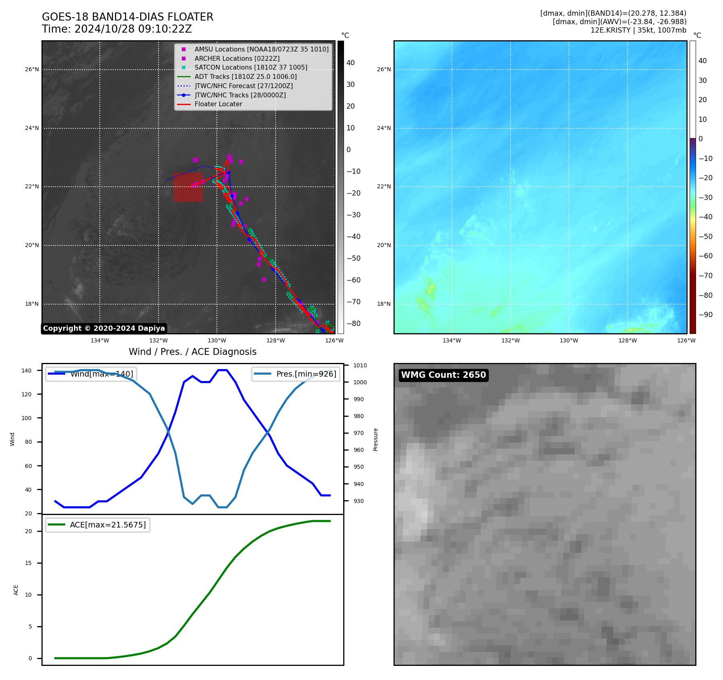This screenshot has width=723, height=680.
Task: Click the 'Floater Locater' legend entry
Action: (x=218, y=104)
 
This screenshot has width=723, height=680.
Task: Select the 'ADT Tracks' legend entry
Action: (x=245, y=77)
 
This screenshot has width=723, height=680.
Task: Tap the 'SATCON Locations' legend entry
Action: (x=251, y=68)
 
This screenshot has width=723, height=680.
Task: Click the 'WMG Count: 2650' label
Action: (x=443, y=375)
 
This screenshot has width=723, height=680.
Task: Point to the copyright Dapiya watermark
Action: (x=104, y=328)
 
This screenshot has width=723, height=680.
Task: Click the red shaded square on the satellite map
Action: (x=188, y=187)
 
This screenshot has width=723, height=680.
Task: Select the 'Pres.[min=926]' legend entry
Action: (x=306, y=374)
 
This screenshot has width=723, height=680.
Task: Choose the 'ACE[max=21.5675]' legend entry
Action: (x=107, y=525)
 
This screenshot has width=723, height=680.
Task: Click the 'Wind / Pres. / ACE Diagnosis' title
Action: (x=192, y=352)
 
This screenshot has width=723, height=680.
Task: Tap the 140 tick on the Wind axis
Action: (x=27, y=371)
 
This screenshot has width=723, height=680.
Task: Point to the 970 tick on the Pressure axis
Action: (x=358, y=433)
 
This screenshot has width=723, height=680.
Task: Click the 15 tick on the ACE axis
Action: (x=28, y=563)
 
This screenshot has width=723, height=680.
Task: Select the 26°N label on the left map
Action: (x=32, y=70)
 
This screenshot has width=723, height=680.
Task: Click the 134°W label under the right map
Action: (x=452, y=341)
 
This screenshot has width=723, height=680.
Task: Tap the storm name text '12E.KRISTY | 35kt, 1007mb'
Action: (x=638, y=30)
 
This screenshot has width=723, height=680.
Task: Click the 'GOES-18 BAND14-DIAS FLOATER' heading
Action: (x=128, y=17)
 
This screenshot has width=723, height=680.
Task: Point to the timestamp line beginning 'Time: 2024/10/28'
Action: (x=117, y=29)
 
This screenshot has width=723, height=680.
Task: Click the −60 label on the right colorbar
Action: (x=705, y=256)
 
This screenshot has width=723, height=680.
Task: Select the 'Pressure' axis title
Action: (x=375, y=439)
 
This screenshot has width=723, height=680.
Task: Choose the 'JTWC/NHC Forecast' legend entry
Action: (x=243, y=86)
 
